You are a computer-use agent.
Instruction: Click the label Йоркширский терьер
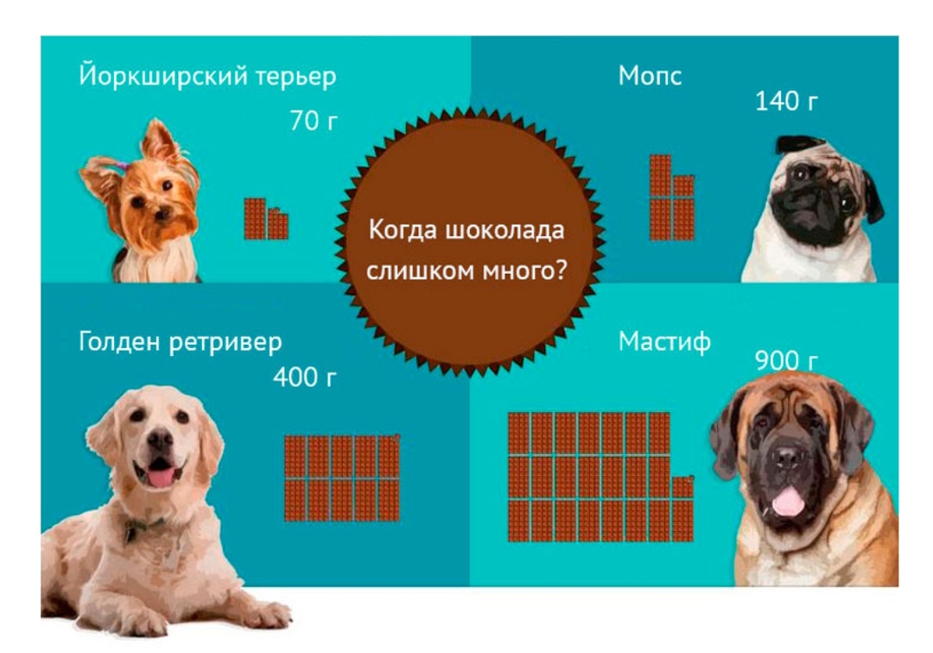(x=207, y=76)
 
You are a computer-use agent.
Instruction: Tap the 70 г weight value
(x=314, y=120)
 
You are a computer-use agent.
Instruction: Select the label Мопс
(x=650, y=75)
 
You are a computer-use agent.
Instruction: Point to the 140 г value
(x=786, y=101)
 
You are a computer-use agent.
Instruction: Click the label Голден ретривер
(x=181, y=342)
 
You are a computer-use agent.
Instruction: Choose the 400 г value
(x=305, y=377)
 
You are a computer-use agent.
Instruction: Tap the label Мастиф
(x=664, y=342)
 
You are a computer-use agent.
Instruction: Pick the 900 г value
(x=786, y=360)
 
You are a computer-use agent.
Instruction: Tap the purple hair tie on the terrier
(x=122, y=164)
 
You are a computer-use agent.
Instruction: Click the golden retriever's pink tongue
(x=161, y=477)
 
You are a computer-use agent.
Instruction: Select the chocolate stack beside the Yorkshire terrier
(x=266, y=219)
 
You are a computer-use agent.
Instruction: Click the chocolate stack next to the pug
(x=672, y=198)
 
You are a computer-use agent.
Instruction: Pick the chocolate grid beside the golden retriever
(x=342, y=479)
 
